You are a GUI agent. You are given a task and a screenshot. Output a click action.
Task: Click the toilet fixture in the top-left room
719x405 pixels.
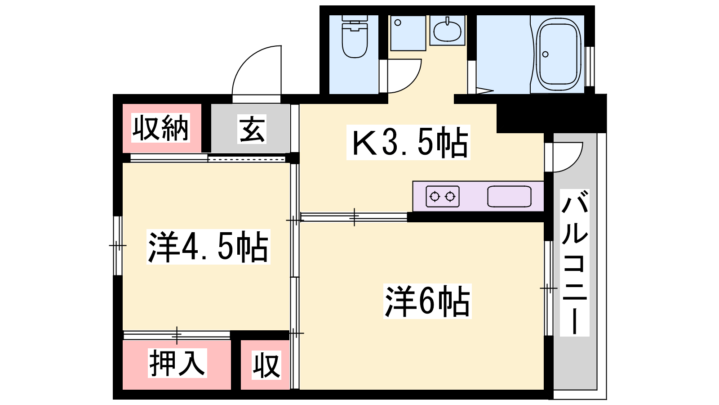(355, 36)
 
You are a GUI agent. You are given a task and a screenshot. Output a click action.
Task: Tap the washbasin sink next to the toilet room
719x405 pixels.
(447, 30)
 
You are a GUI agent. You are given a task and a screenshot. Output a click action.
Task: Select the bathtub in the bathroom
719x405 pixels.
(560, 54)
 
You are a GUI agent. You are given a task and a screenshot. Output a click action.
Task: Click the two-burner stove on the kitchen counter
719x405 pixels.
(442, 196)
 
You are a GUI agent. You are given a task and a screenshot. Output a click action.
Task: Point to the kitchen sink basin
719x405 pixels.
(509, 196)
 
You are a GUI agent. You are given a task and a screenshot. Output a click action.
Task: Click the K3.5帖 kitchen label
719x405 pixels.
(408, 142)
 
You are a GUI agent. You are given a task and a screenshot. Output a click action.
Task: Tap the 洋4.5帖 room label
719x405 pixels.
(209, 247)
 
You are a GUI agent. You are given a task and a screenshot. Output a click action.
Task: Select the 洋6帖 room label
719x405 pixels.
(427, 301)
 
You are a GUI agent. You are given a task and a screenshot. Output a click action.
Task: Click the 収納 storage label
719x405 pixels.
(160, 128)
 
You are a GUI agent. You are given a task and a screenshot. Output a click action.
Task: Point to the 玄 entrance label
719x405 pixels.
(252, 129)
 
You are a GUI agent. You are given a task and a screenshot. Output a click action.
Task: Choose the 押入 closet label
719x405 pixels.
(177, 363)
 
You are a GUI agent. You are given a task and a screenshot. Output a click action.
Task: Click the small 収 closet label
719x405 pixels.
(266, 365)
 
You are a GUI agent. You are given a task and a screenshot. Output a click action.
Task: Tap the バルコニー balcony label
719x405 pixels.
(575, 263)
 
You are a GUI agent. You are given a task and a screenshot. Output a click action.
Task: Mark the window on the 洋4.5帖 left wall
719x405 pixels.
(118, 246)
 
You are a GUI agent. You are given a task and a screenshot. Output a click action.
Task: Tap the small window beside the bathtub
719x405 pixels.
(590, 66)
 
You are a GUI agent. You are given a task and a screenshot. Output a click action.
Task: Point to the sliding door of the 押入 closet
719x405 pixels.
(177, 335)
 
